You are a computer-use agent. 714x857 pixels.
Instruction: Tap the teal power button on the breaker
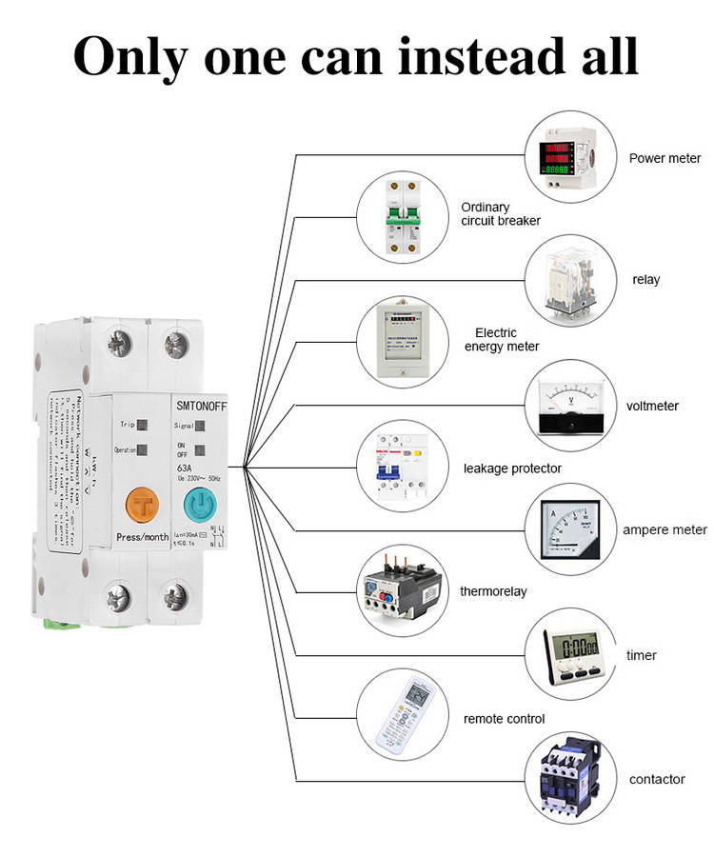198,505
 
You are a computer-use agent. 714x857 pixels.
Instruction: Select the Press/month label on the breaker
143,537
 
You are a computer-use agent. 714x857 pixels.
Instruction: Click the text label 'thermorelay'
493,591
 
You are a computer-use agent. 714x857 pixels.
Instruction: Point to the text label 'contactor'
657,780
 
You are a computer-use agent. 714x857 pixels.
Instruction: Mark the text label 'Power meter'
664,158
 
